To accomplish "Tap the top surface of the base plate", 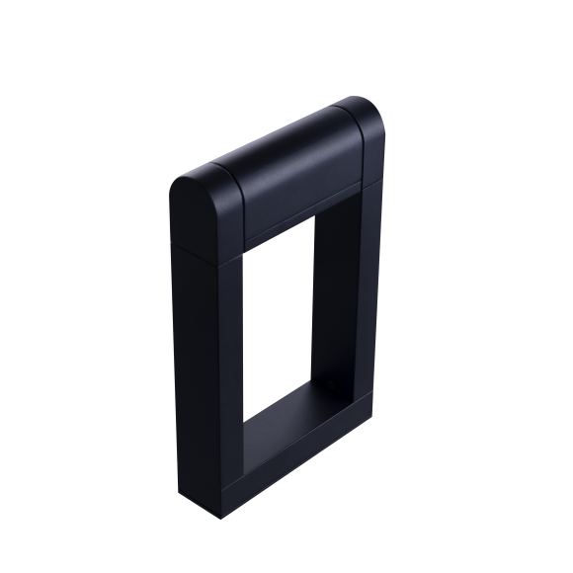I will tap(296, 415).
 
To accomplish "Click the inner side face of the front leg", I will tap(241, 336).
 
